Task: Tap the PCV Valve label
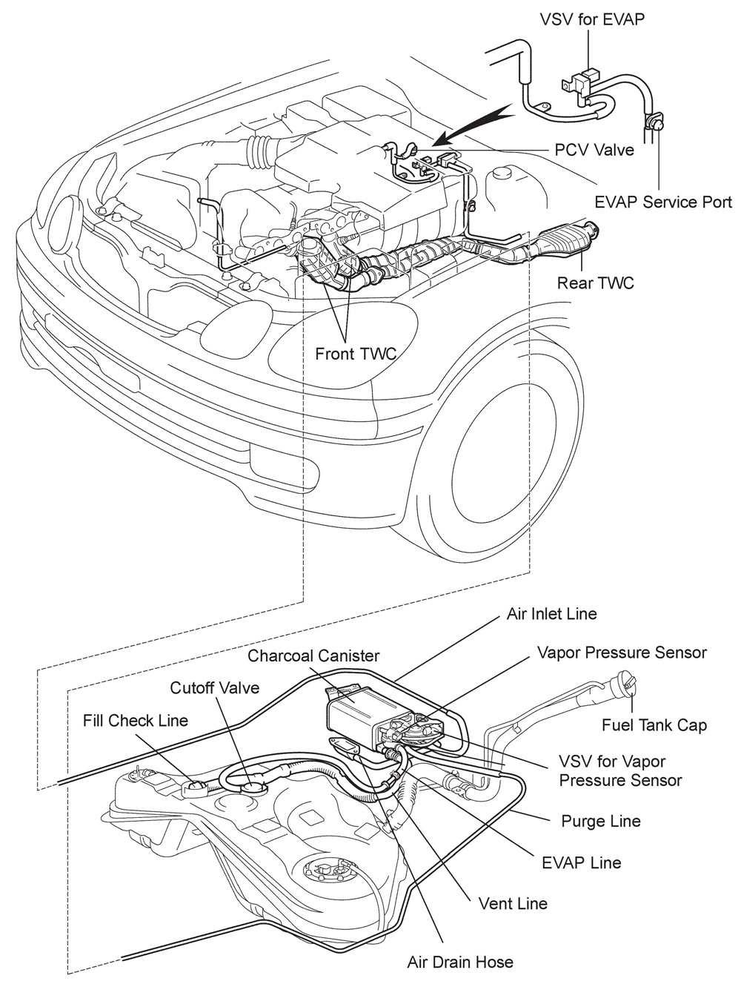pos(594,150)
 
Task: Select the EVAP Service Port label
pos(663,202)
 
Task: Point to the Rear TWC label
pos(595,283)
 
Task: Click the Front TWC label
pos(356,354)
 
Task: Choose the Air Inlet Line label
pos(551,614)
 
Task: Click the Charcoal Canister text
pos(313,656)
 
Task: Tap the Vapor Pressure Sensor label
pos(622,653)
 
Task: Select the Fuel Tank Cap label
pos(654,724)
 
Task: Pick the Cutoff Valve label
pos(215,687)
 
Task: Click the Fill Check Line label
pos(136,720)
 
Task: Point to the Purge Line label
pos(601,821)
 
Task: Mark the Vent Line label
pos(513,903)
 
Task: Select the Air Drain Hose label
pos(460,962)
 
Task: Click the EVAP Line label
pos(582,862)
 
